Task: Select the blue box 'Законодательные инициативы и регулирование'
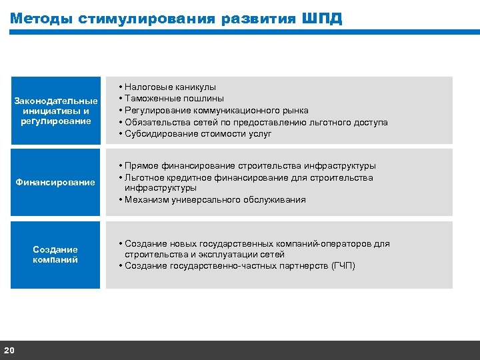pos(55,111)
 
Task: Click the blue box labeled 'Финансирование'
pos(55,183)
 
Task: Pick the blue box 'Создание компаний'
pos(55,255)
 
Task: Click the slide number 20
pos(9,351)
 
